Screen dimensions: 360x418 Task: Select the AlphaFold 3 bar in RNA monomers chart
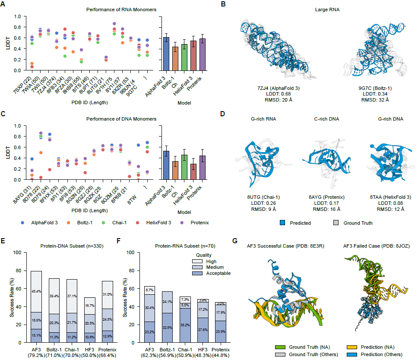pos(166,54)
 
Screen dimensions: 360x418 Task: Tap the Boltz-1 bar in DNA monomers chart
pos(175,170)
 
